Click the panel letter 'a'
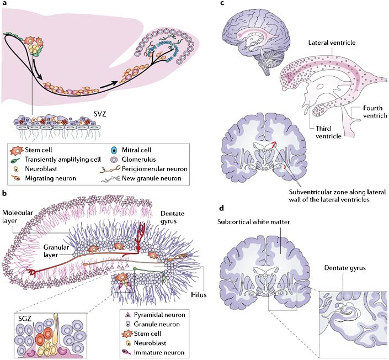point(4,4)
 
